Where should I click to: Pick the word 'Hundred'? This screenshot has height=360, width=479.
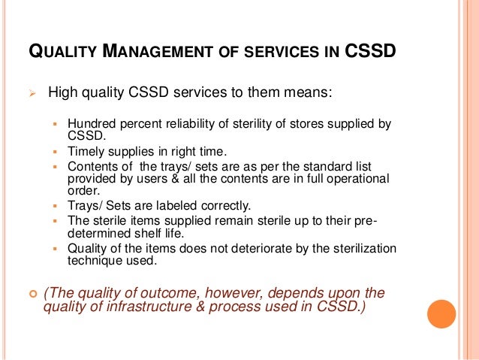90,124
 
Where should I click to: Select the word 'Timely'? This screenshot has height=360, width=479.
85,151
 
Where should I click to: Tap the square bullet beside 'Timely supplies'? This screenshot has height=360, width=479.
57,151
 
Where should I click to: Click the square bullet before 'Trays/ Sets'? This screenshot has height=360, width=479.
57,205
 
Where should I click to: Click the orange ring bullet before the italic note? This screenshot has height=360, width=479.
32,292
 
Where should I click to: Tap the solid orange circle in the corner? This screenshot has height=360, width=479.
441,314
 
